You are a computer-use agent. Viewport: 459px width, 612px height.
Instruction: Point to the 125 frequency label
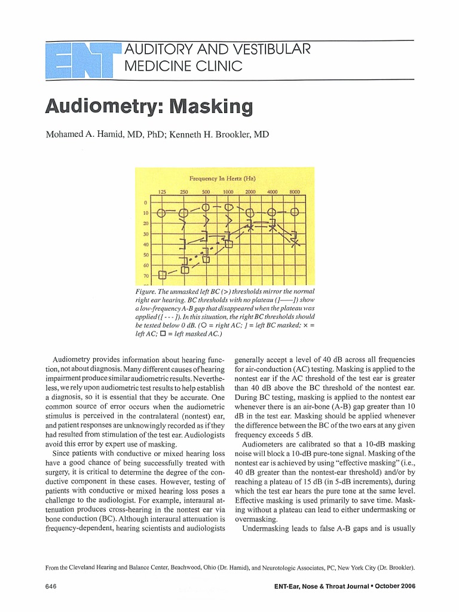pos(161,191)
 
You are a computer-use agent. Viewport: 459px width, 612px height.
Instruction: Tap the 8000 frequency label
pos(294,191)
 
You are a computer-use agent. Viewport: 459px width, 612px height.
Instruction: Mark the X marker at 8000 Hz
pos(294,242)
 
